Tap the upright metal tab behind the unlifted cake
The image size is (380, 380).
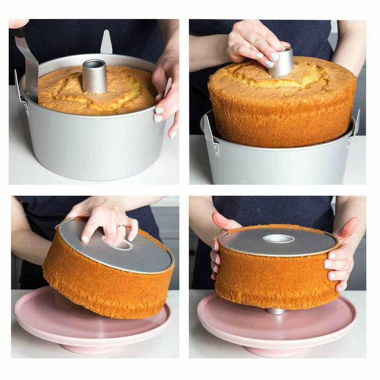click(x=106, y=43)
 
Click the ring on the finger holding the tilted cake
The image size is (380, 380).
click(x=121, y=227)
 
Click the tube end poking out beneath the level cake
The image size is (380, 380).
click(x=277, y=311)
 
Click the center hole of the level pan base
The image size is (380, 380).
click(x=278, y=239)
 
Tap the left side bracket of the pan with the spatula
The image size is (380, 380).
click(x=21, y=92)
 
